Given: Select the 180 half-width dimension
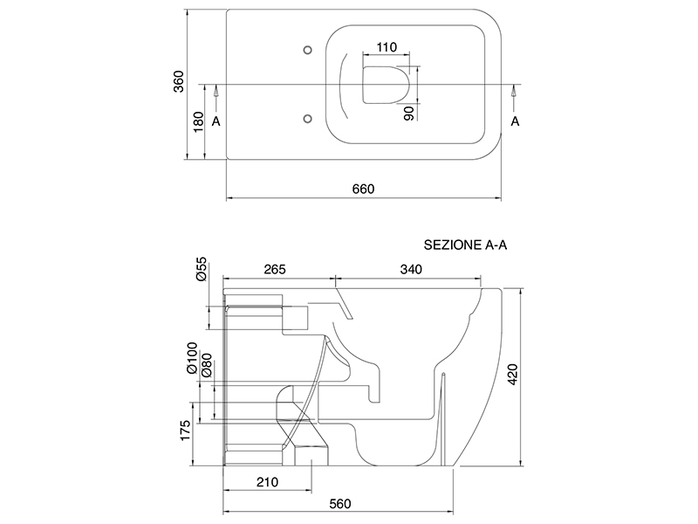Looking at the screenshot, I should (198, 122).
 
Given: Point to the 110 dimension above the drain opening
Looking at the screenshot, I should (388, 47).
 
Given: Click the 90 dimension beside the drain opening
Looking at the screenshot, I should (408, 112).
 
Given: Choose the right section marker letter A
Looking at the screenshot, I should (515, 121).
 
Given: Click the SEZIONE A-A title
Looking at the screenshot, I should (465, 245).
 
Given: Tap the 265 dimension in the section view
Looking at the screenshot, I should (275, 269).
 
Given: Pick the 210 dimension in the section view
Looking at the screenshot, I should (267, 481).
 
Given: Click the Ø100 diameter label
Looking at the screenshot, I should (193, 359).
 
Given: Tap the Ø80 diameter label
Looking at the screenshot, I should (207, 364).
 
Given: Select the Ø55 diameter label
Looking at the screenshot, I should (200, 269).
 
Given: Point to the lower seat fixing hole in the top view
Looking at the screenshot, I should (306, 118).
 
